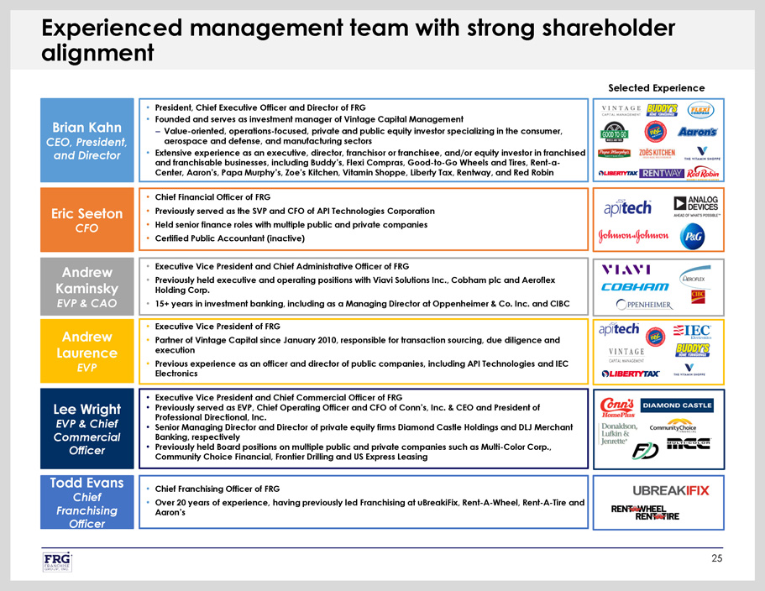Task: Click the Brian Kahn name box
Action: tap(86, 142)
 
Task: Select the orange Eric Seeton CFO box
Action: tap(86, 220)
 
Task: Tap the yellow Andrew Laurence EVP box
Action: tap(86, 352)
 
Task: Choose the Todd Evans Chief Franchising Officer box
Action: tap(86, 503)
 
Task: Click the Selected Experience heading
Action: tap(656, 87)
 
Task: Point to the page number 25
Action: tap(716, 560)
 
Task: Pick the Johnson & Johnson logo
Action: tap(632, 236)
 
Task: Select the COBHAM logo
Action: tap(634, 287)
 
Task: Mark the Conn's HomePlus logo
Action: tap(619, 405)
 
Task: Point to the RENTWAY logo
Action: tap(661, 173)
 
